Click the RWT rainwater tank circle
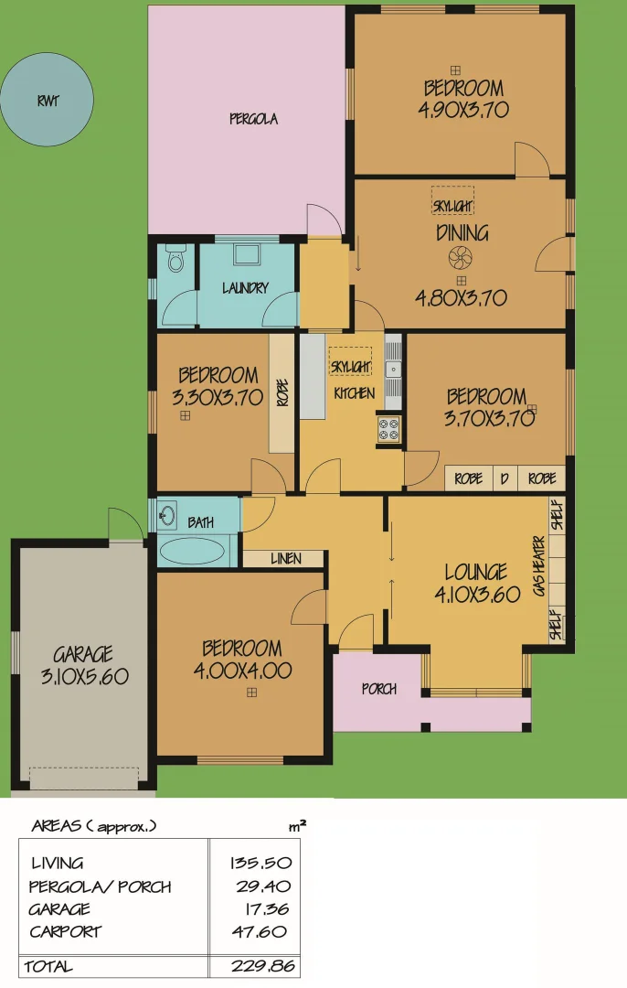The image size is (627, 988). pos(48,100)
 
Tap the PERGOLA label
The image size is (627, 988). pos(253,119)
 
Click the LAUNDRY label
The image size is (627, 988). pos(245,288)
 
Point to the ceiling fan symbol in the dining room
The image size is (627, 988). pos(462,257)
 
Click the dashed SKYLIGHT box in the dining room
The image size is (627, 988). pos(453,200)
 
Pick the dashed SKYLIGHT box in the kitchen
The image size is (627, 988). pos(350,362)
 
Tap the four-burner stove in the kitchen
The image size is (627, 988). pos(389,429)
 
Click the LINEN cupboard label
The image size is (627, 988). pos(285,558)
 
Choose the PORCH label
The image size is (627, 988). pos(378,690)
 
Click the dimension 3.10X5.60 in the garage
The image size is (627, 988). pos(82,677)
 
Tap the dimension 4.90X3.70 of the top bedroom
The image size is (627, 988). pos(463,110)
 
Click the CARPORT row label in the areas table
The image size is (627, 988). pos(65,932)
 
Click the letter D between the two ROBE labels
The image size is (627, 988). pos(504,478)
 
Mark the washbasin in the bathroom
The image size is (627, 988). pos(166,515)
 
